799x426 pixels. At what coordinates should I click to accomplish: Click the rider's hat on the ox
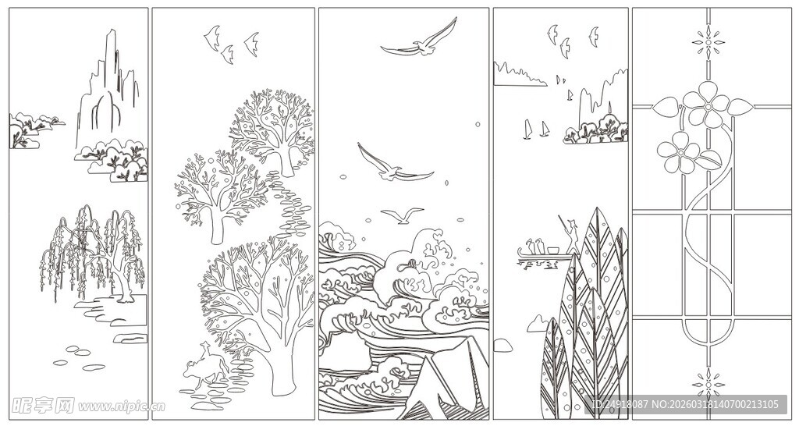204,346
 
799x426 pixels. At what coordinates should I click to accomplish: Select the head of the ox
188,375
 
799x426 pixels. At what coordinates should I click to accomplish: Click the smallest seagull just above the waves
403,215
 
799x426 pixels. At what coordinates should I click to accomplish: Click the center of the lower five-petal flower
677,153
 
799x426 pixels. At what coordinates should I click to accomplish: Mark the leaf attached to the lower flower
709,162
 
